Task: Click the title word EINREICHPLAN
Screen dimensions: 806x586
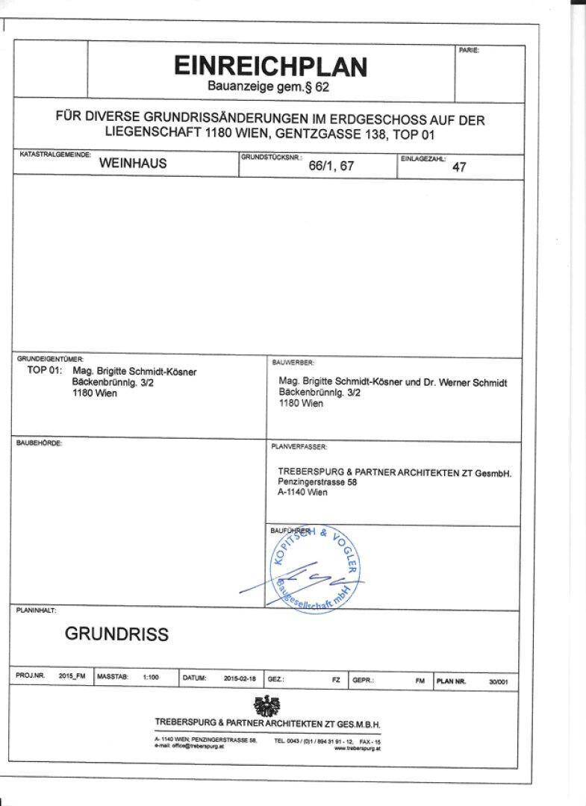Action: tap(270, 66)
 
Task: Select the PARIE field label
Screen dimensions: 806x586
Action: tap(469, 50)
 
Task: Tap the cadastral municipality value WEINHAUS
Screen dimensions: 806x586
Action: tap(133, 164)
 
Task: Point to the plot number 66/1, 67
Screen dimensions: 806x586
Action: tap(331, 166)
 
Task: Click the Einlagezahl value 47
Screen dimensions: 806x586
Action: tap(459, 167)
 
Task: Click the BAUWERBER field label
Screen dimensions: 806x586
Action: tap(288, 362)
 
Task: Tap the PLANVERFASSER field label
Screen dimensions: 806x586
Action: tap(299, 446)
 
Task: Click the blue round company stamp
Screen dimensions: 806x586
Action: tap(314, 569)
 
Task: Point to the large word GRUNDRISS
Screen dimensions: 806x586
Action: tap(116, 634)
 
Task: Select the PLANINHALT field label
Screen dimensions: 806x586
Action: tap(36, 610)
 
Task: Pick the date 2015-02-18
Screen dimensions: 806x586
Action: tap(239, 678)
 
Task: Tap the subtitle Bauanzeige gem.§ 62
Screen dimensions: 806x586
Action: tap(268, 87)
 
